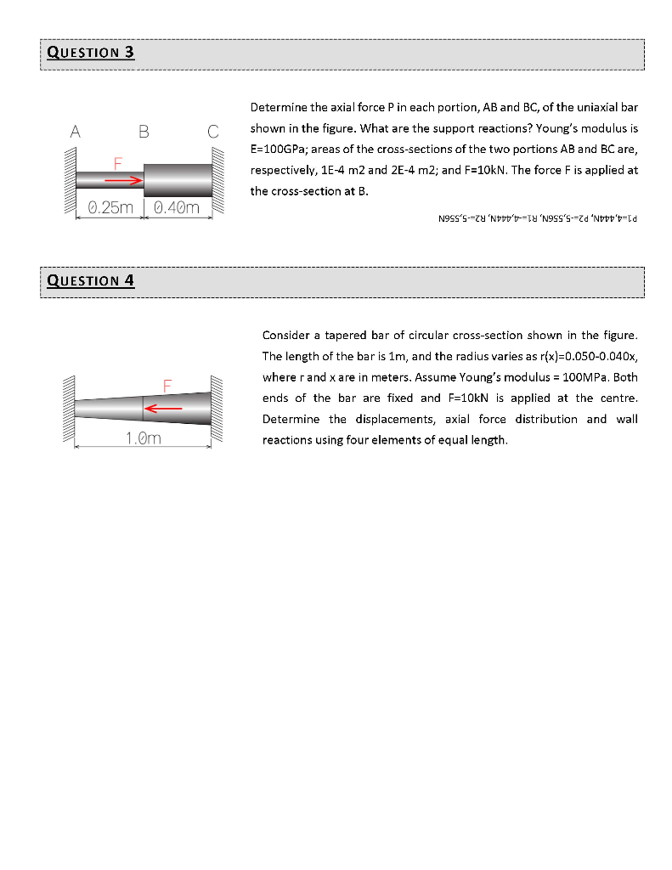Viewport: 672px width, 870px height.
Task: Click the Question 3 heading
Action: tap(91, 53)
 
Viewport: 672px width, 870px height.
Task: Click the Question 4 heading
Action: tap(91, 280)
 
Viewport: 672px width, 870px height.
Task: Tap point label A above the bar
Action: tap(76, 132)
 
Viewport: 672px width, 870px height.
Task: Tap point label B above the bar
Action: tap(144, 132)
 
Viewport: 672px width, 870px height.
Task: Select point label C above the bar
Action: tap(212, 132)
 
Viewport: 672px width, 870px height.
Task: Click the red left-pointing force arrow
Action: tap(163, 409)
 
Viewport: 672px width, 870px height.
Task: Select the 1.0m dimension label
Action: tap(144, 438)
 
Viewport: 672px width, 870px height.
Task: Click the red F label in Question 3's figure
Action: tap(118, 161)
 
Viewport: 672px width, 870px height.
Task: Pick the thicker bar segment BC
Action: tap(178, 179)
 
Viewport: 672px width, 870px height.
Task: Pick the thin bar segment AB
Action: tap(110, 180)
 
